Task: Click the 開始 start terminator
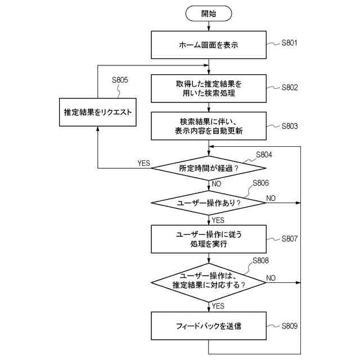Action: tap(208, 12)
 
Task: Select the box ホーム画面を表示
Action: tap(208, 44)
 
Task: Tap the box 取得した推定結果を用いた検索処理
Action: tap(208, 88)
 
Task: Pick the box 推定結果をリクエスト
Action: tap(97, 112)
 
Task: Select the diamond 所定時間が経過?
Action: tap(208, 168)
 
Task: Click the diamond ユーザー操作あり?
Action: tap(208, 202)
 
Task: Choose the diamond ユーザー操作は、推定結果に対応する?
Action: tap(208, 280)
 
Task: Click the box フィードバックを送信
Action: tap(208, 326)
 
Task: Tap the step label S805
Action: tap(120, 80)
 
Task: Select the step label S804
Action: tap(264, 154)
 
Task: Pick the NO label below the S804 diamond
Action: tap(217, 184)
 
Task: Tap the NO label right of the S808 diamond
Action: tap(271, 277)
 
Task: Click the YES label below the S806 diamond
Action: tap(218, 220)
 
